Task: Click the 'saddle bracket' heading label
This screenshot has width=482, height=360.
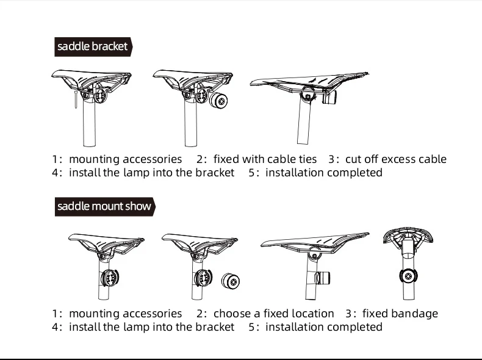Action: point(93,46)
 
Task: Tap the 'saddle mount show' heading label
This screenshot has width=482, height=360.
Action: point(104,206)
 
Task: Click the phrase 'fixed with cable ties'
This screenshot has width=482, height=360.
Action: point(265,159)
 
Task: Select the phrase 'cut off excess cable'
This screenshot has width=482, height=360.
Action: point(395,159)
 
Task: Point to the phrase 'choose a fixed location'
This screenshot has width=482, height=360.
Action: point(273,314)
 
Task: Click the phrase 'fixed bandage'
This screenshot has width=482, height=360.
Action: point(400,314)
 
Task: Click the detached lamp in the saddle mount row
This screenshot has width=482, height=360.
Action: point(232,282)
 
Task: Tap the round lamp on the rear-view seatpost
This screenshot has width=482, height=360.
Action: point(406,276)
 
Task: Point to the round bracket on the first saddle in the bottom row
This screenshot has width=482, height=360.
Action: point(108,278)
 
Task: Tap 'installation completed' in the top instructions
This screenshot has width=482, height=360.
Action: point(324,173)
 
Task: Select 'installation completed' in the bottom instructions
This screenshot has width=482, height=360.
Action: point(324,327)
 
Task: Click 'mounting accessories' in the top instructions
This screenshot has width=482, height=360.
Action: point(125,159)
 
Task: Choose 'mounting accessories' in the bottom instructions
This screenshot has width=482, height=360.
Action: point(125,314)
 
